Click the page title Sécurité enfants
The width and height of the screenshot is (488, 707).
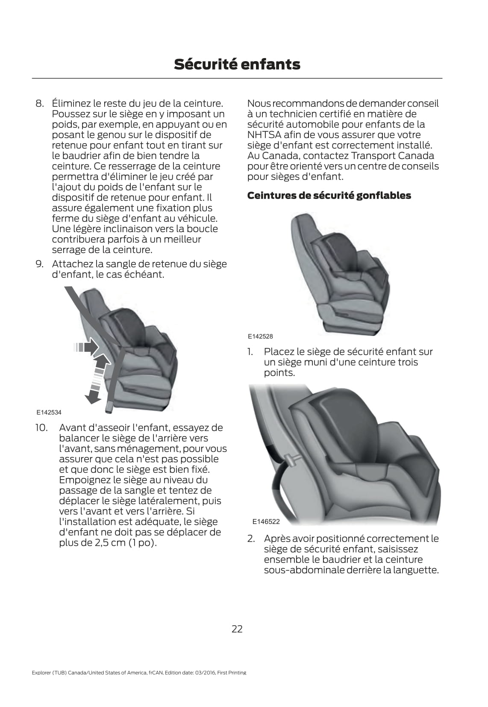tap(237, 64)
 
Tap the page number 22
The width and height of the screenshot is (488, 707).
tap(237, 628)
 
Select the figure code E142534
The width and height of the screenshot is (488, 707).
tap(49, 412)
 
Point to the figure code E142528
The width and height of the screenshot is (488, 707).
tap(260, 336)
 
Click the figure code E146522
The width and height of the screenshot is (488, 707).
tap(266, 521)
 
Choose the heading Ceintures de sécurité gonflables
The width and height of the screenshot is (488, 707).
tap(329, 195)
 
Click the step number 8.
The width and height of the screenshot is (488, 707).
tap(40, 103)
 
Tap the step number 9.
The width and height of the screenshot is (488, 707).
tap(40, 264)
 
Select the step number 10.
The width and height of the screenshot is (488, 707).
tap(41, 427)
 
